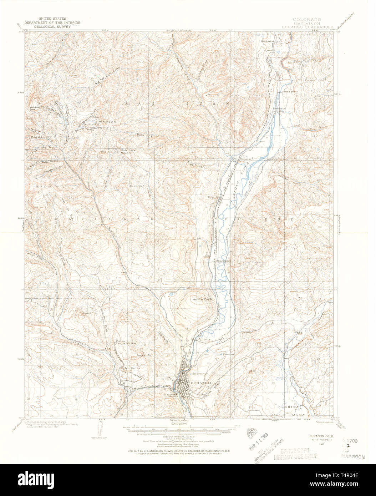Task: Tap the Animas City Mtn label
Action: pyautogui.click(x=205, y=299)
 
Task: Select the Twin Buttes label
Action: pyautogui.click(x=132, y=368)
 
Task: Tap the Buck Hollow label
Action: pyautogui.click(x=147, y=135)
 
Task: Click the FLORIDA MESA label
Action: pyautogui.click(x=292, y=410)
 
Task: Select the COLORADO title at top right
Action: pyautogui.click(x=307, y=19)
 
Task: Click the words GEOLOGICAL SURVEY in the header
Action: pyautogui.click(x=52, y=26)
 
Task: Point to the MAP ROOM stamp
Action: pyautogui.click(x=351, y=456)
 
